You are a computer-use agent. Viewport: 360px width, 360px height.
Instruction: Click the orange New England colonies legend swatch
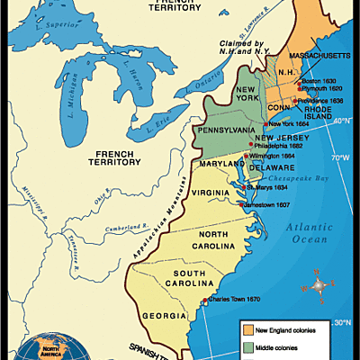(247, 330)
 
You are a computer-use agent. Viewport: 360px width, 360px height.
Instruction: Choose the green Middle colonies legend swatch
(247, 347)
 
